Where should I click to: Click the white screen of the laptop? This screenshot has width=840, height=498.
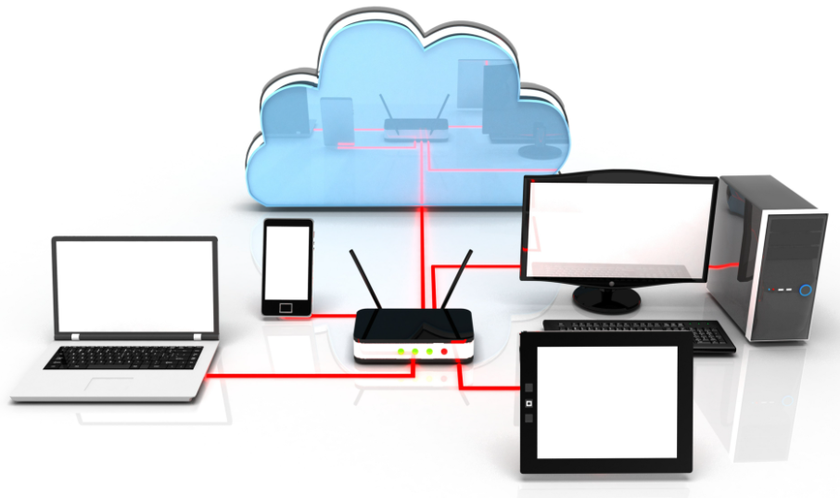(x=135, y=288)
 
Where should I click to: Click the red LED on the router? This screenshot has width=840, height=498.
(x=445, y=351)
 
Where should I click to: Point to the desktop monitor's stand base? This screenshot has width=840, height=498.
(x=605, y=299)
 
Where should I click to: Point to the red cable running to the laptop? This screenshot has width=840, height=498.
(x=297, y=375)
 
